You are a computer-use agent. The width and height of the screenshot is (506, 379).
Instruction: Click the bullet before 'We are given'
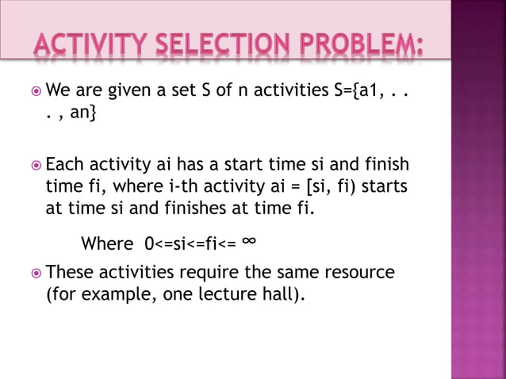point(36,94)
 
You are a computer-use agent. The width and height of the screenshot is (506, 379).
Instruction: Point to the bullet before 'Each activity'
point(36,167)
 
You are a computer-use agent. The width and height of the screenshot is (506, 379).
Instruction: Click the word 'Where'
point(107,243)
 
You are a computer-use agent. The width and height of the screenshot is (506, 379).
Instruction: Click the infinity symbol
point(249,240)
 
